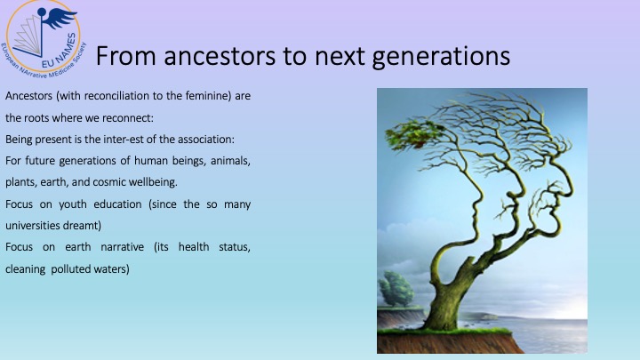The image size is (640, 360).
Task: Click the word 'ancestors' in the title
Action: pyautogui.click(x=220, y=56)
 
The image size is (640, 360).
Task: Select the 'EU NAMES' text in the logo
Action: pyautogui.click(x=60, y=51)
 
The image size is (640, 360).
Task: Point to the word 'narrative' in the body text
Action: pyautogui.click(x=122, y=247)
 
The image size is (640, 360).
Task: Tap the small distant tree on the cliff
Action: pyautogui.click(x=396, y=289)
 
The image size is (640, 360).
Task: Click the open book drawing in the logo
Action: pyautogui.click(x=29, y=36)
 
